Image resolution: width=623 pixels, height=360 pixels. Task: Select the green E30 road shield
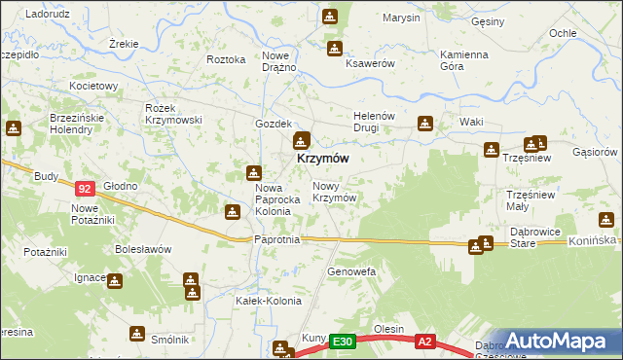[x=342, y=342]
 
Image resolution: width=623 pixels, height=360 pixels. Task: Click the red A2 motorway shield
[x=424, y=342]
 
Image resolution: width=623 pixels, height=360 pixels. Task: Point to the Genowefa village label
[x=351, y=270]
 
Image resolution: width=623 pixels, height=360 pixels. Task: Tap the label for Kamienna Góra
[x=463, y=60]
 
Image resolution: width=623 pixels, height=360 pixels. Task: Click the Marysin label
[x=401, y=18]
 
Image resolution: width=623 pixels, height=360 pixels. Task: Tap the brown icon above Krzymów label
[x=303, y=140]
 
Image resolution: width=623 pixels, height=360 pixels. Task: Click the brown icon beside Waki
[x=425, y=124]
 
